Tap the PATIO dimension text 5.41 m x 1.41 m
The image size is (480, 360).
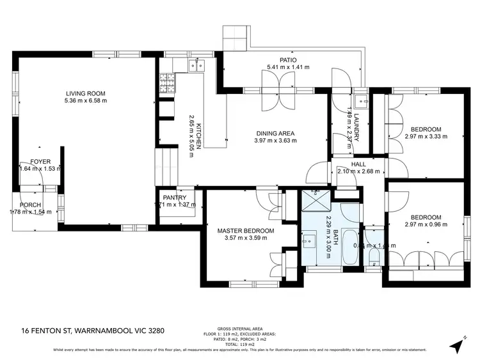tap(288, 67)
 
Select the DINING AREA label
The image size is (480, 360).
tap(275, 133)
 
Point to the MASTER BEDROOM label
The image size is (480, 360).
tap(245, 231)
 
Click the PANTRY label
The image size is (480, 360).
tap(174, 198)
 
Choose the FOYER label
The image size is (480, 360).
tap(40, 162)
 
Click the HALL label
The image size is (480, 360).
tap(358, 164)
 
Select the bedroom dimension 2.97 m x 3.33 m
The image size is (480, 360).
tap(426, 136)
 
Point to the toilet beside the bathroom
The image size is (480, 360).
tap(374, 254)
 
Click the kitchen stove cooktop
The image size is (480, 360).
tap(166, 83)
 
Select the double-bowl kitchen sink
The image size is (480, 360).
tap(195, 65)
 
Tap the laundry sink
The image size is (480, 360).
tap(360, 100)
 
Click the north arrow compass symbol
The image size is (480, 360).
tap(458, 344)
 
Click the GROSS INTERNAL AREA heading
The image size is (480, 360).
tap(240, 327)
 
